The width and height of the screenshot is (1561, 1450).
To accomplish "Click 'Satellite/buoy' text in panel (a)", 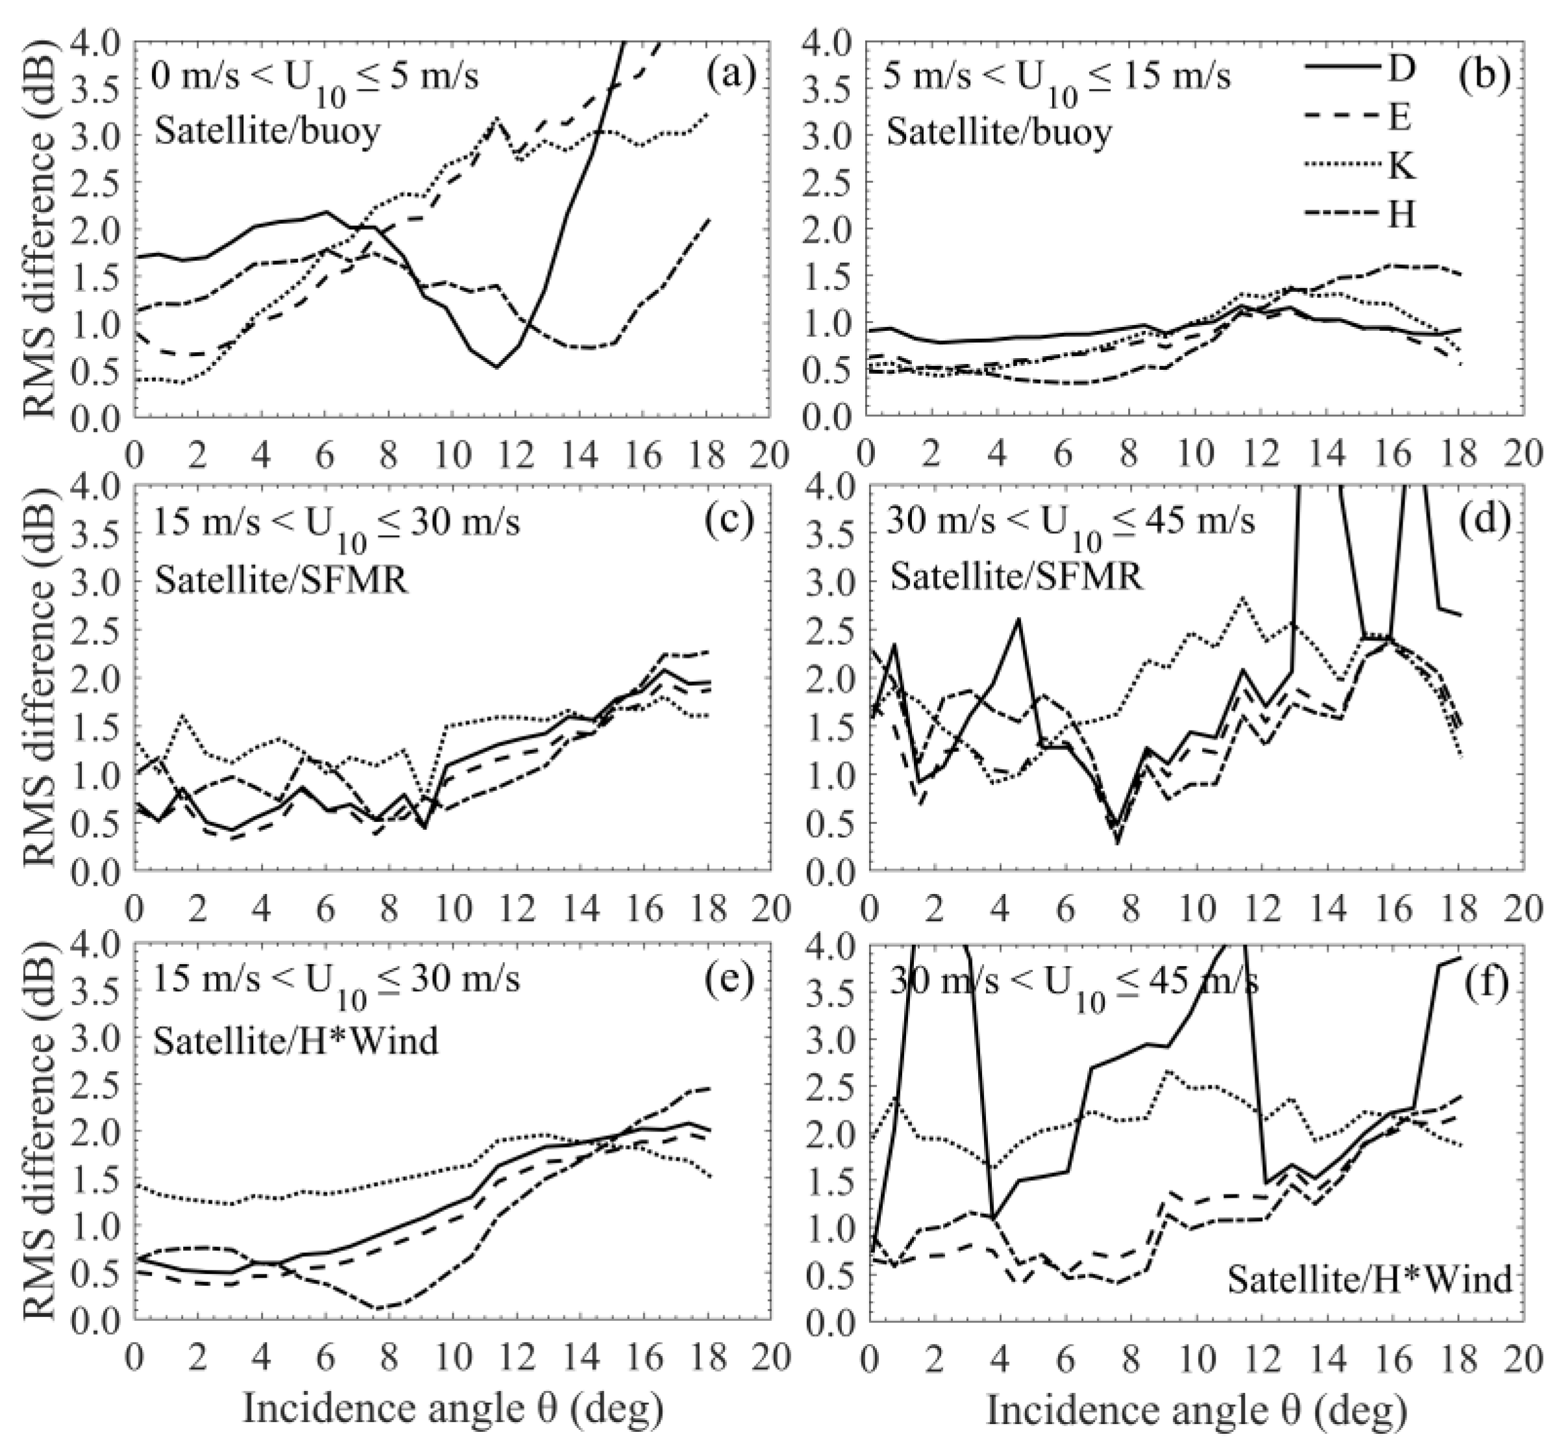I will [x=267, y=131].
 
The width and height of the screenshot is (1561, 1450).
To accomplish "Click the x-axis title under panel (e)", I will [x=453, y=1408].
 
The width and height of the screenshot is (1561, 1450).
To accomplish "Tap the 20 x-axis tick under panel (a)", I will [x=769, y=453].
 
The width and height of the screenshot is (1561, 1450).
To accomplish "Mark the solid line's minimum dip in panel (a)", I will [x=496, y=367].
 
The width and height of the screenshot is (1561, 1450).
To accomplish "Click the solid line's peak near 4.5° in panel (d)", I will [x=1018, y=619].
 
